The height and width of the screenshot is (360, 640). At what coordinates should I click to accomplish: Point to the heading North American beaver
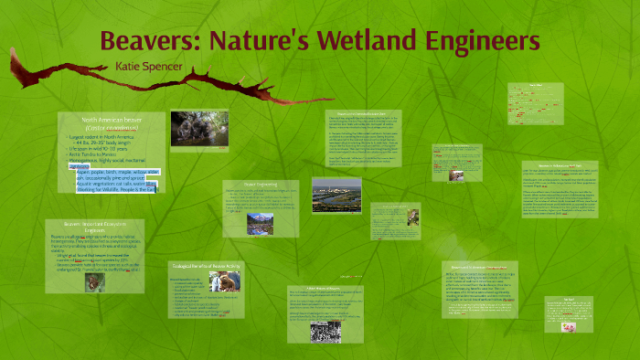(111, 120)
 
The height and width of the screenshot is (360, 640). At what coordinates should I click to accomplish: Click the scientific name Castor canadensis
(111, 128)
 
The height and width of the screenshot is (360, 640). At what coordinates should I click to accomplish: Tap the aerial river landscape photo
(336, 194)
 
